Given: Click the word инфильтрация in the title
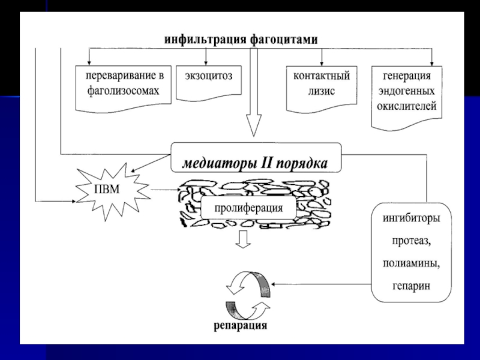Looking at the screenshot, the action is pyautogui.click(x=205, y=40).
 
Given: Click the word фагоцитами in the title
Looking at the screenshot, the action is pyautogui.click(x=284, y=40).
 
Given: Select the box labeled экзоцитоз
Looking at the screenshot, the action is pyautogui.click(x=209, y=83).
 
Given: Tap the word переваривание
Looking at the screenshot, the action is pyautogui.click(x=125, y=76).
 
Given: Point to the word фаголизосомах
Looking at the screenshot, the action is pyautogui.click(x=123, y=91).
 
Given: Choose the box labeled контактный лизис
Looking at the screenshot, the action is pyautogui.click(x=322, y=89).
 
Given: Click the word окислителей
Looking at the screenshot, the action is pyautogui.click(x=407, y=106).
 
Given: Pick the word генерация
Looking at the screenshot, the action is pyautogui.click(x=407, y=76).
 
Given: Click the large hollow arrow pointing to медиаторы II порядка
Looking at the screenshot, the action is pyautogui.click(x=254, y=92).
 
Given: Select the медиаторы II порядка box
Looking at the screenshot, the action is pyautogui.click(x=256, y=157).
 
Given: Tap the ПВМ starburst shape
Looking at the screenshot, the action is pyautogui.click(x=112, y=191).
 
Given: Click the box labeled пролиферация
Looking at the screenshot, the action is pyautogui.click(x=248, y=208).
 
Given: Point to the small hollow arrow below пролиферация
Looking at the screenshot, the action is pyautogui.click(x=244, y=239).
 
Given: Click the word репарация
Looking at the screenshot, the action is pyautogui.click(x=240, y=325).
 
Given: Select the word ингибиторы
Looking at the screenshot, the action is pyautogui.click(x=411, y=218).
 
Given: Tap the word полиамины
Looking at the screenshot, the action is pyautogui.click(x=411, y=263).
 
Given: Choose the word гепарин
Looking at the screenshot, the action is pyautogui.click(x=411, y=286).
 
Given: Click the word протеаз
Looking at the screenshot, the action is pyautogui.click(x=412, y=241).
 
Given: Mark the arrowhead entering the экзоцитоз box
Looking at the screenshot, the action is pyautogui.click(x=206, y=62).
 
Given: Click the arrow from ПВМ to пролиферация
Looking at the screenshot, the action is pyautogui.click(x=166, y=190).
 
